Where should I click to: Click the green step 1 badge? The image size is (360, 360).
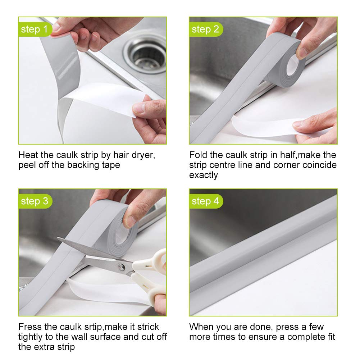click(35, 29)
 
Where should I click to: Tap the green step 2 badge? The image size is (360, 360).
click(206, 29)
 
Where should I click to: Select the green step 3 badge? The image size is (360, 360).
click(35, 201)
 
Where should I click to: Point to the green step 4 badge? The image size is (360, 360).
click(206, 201)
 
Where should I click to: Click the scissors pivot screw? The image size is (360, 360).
click(122, 267)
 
